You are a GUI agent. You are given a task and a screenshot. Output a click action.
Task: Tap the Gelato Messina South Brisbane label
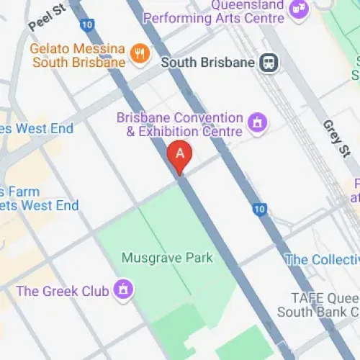pos(78,56)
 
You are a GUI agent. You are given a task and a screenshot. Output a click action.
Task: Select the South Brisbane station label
pos(207,63)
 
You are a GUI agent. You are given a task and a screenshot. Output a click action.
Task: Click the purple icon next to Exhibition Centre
pos(255,123)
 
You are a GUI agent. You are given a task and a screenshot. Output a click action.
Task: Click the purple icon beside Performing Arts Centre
pos(297,9)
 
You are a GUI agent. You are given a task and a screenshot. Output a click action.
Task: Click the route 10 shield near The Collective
pos(260,210)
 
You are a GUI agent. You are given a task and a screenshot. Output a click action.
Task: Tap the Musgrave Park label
pos(167,257)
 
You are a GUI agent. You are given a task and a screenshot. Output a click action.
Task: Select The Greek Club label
pos(62,291)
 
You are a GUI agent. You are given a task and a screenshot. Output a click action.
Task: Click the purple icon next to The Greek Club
pos(124,290)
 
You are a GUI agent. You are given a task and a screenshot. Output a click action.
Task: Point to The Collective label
pos(321,259)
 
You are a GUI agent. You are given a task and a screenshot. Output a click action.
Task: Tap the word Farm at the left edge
pos(19,192)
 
